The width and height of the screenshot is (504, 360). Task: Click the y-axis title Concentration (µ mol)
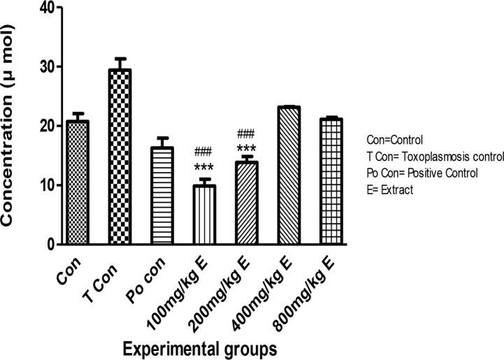click(12, 126)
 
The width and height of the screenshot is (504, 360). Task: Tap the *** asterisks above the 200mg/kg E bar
click(246, 148)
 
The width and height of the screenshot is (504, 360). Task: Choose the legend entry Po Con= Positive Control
click(419, 173)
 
